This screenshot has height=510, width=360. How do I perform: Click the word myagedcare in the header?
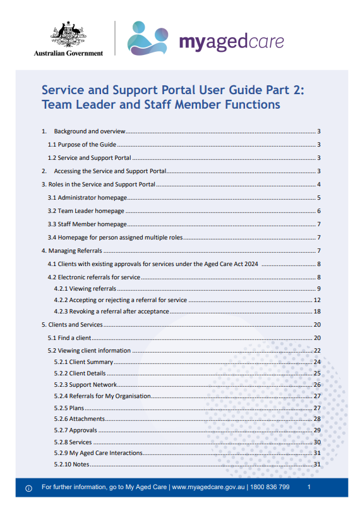click(231, 42)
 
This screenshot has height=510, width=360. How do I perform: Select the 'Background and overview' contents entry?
click(90, 131)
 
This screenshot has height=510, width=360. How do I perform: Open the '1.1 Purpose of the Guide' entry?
click(77, 145)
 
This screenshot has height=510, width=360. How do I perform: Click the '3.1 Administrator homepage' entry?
click(88, 198)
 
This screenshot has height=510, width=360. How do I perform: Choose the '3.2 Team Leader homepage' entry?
click(86, 211)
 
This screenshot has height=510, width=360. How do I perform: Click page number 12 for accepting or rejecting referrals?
click(318, 300)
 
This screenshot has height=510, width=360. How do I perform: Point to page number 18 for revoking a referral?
click(318, 312)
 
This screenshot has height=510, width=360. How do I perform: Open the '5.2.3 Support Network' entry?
click(85, 385)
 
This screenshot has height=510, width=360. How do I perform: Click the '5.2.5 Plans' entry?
click(69, 408)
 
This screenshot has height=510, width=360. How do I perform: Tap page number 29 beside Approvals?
click(318, 430)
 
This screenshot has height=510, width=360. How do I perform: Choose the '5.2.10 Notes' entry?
click(71, 464)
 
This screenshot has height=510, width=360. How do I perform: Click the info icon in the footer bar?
click(28, 489)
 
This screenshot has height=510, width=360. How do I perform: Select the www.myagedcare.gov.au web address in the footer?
click(210, 488)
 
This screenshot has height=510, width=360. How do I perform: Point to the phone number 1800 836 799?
click(270, 488)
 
